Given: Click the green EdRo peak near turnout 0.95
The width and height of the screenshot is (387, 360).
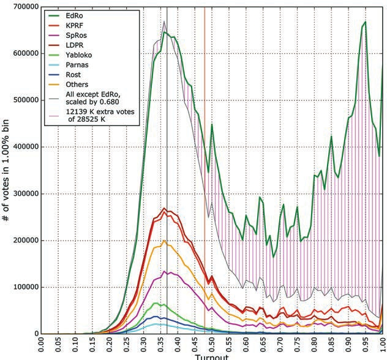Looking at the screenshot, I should pos(365,22).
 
